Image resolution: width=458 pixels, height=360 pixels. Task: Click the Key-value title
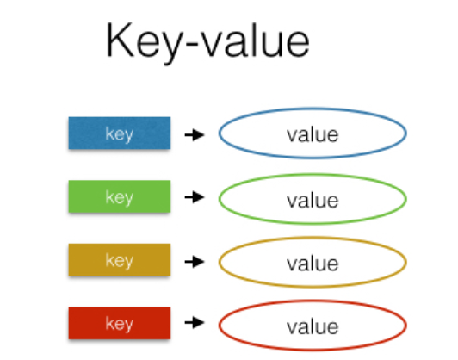(207, 43)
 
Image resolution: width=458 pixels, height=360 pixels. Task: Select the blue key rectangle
(120, 133)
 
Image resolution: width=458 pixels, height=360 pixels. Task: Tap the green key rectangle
(120, 196)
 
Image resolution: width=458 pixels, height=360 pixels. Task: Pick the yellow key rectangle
(120, 259)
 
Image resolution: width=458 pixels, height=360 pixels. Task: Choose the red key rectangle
(120, 323)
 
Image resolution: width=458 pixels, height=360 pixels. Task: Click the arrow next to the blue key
(195, 135)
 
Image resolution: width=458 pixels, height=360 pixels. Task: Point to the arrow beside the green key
(195, 196)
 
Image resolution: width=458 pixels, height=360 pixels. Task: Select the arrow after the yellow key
(195, 261)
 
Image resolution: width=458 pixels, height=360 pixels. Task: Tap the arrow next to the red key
(195, 322)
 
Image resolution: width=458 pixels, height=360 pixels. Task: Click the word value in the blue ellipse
(313, 134)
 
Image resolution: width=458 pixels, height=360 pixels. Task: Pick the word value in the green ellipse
(313, 201)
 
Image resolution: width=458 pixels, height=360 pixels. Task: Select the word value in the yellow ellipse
(313, 264)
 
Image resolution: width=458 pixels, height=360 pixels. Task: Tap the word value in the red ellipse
(313, 326)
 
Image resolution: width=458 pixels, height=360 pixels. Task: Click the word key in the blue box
(120, 134)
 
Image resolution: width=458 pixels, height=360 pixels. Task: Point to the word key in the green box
(120, 197)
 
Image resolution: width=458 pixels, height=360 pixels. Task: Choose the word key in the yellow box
(120, 261)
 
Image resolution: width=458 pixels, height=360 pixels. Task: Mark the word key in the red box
(120, 324)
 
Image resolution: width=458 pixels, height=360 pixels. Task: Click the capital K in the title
(120, 40)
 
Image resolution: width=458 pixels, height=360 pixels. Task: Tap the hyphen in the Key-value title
(192, 45)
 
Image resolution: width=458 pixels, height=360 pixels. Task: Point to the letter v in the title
(213, 45)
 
